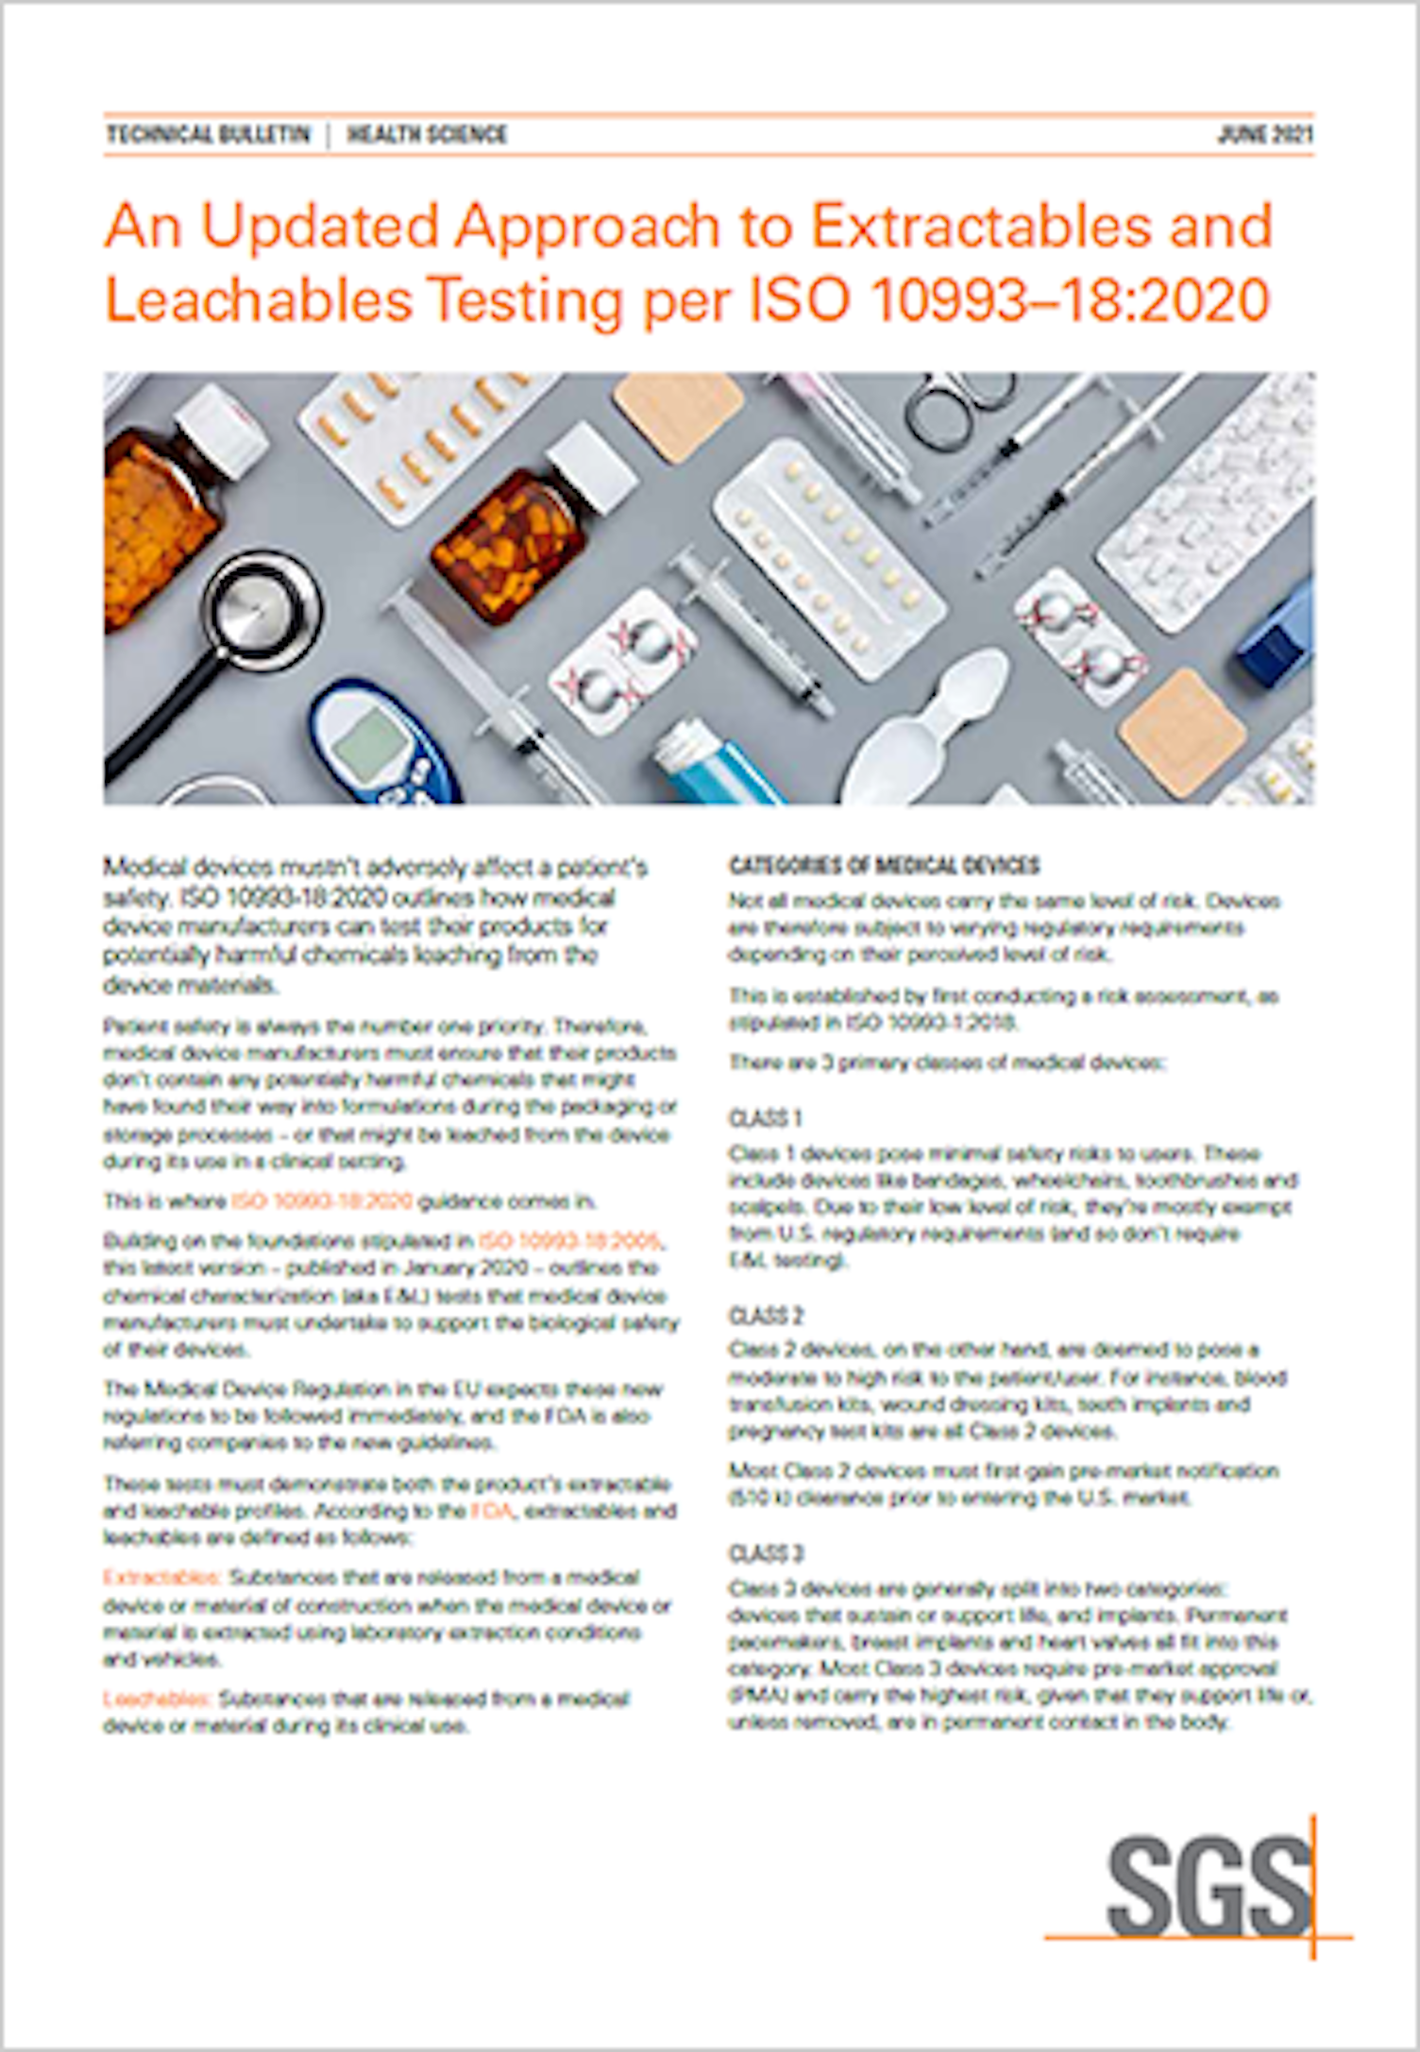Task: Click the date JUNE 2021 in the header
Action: pyautogui.click(x=1264, y=134)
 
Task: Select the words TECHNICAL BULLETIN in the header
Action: pyautogui.click(x=208, y=134)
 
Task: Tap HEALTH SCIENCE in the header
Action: pyautogui.click(x=427, y=134)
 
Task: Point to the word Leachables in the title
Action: pyautogui.click(x=259, y=300)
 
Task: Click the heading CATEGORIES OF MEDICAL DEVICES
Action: pyautogui.click(x=884, y=865)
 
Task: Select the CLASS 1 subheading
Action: pyautogui.click(x=765, y=1118)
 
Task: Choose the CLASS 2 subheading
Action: pyautogui.click(x=766, y=1315)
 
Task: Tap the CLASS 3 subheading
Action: pyautogui.click(x=766, y=1553)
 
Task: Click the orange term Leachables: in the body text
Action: pyautogui.click(x=157, y=1699)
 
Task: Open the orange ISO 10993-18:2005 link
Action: pyautogui.click(x=569, y=1241)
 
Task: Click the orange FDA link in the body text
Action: pyautogui.click(x=492, y=1511)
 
